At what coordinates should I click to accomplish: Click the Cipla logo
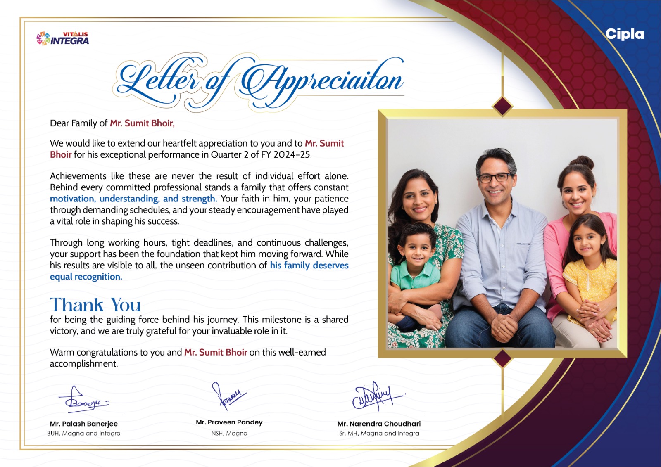point(625,34)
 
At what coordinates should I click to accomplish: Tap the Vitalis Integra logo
point(63,38)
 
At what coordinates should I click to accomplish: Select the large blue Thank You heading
point(95,305)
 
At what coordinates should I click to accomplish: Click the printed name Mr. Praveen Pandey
point(229,422)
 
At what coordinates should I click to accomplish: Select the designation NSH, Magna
point(229,433)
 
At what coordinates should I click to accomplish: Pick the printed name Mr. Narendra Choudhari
point(379,424)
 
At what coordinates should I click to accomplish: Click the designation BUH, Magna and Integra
point(84,433)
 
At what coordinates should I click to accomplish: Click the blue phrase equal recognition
point(86,277)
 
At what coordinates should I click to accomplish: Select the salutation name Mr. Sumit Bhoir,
point(142,123)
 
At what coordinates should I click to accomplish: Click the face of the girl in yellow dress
point(587,242)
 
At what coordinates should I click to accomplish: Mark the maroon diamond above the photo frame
point(502,106)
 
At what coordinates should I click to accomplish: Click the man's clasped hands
point(503,327)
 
